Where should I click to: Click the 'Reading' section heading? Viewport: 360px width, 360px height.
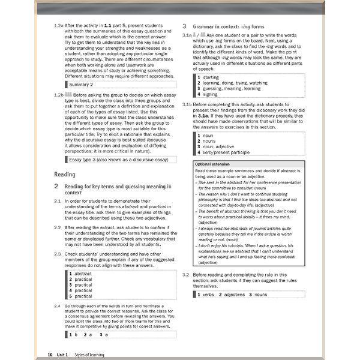pyautogui.click(x=65, y=174)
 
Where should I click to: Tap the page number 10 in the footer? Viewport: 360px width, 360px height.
pyautogui.click(x=50, y=355)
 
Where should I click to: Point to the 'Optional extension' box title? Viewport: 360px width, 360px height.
pyautogui.click(x=212, y=164)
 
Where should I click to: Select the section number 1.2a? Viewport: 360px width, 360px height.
pyautogui.click(x=58, y=26)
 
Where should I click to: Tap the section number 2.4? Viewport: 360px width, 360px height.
pyautogui.click(x=57, y=306)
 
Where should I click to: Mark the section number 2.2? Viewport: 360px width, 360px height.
pyautogui.click(x=57, y=228)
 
